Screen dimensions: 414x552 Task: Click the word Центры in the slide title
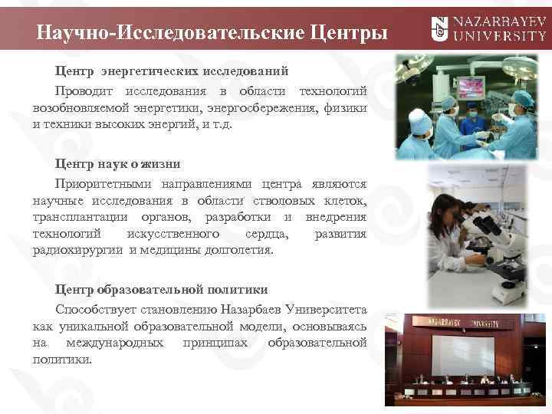338,33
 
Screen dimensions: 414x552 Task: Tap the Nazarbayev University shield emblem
439,29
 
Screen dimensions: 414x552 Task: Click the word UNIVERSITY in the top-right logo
500,36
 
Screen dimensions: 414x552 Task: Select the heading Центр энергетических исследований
171,71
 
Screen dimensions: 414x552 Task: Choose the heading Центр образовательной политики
161,290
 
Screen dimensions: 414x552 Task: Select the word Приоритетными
103,184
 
